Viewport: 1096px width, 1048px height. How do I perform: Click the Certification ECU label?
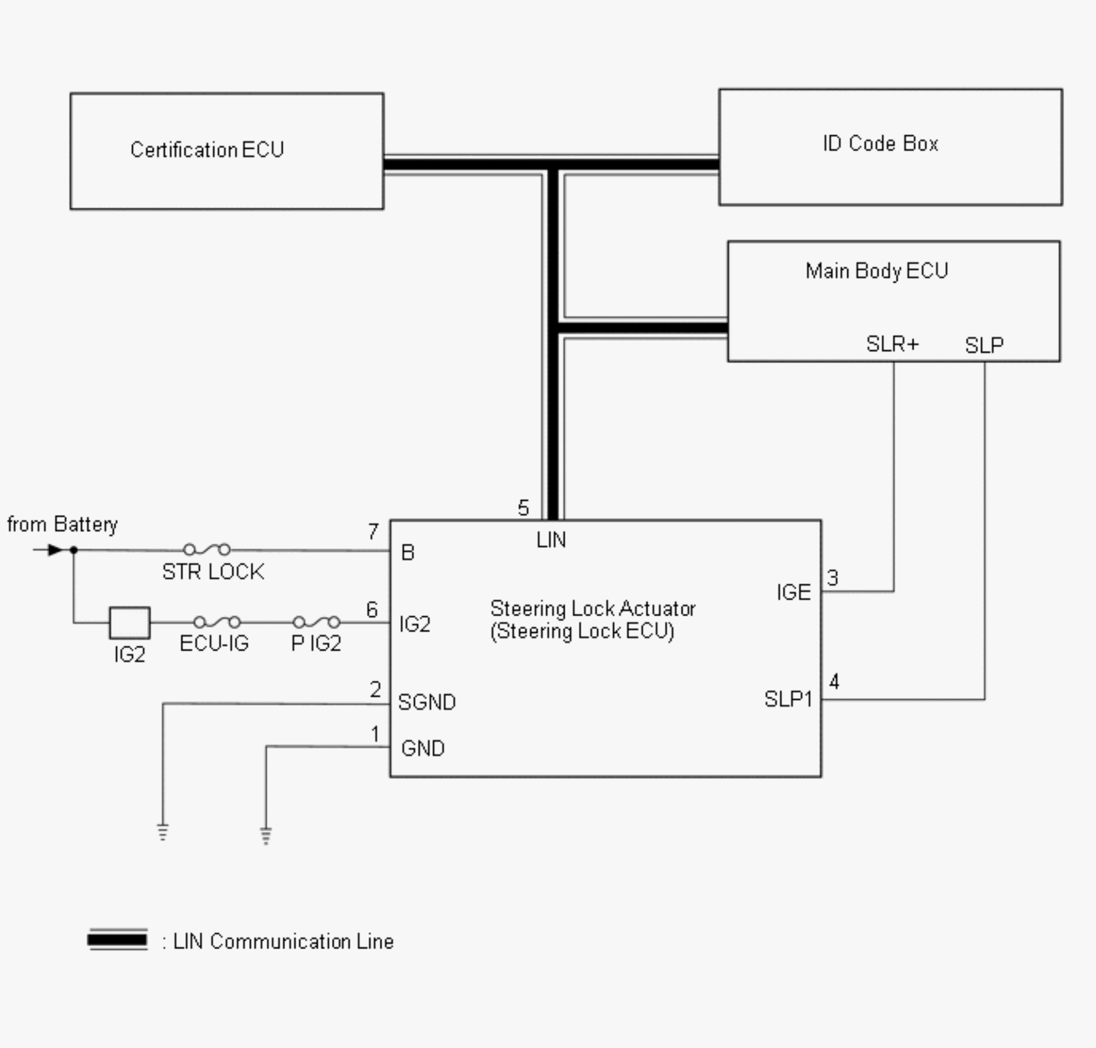pos(207,150)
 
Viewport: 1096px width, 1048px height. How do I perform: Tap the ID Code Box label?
pos(880,144)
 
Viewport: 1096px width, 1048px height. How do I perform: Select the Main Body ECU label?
pos(876,271)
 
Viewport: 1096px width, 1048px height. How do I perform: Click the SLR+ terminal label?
pos(892,344)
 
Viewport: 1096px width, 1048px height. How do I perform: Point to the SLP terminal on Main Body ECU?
pos(984,345)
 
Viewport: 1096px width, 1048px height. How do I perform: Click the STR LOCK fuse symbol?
pos(207,549)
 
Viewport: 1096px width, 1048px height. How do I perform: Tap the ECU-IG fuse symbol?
pos(217,622)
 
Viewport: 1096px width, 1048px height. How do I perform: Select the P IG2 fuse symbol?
pos(316,622)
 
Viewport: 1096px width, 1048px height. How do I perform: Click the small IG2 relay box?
pos(130,623)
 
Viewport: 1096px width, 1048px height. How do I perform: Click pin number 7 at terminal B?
pos(373,531)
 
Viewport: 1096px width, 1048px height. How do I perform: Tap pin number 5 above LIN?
pos(523,508)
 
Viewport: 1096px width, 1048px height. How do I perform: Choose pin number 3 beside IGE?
pos(833,578)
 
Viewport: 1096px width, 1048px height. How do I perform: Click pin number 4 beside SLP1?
pos(834,682)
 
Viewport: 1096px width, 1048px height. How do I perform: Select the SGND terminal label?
pos(427,702)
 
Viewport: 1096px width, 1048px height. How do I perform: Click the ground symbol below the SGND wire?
pos(163,832)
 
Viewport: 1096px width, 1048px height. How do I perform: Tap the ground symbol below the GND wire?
pos(266,836)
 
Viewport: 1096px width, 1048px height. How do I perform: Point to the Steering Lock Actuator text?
pos(592,608)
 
